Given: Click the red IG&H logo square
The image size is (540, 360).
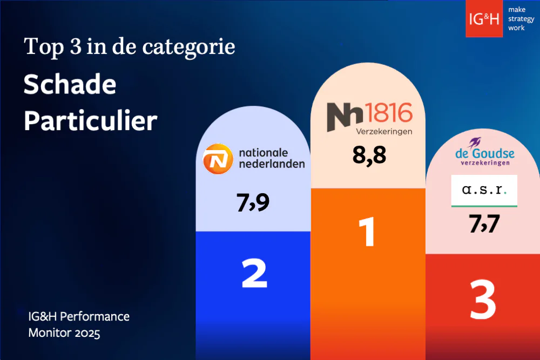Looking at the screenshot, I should (x=484, y=18).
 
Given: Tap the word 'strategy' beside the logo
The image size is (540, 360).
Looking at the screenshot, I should (x=521, y=18).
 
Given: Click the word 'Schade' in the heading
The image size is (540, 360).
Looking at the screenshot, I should (x=70, y=85).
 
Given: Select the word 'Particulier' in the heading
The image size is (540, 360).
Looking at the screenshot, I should (x=91, y=121).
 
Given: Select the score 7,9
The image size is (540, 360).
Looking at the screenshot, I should (x=253, y=203).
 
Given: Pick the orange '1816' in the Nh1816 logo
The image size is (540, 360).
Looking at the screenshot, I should (x=389, y=113).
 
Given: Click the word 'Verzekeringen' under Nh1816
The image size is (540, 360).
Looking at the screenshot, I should (x=384, y=131).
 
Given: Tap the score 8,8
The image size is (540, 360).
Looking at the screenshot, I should (x=369, y=155).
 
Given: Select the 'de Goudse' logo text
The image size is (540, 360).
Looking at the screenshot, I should (x=485, y=154).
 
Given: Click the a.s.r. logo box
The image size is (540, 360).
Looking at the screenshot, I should (x=484, y=191).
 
